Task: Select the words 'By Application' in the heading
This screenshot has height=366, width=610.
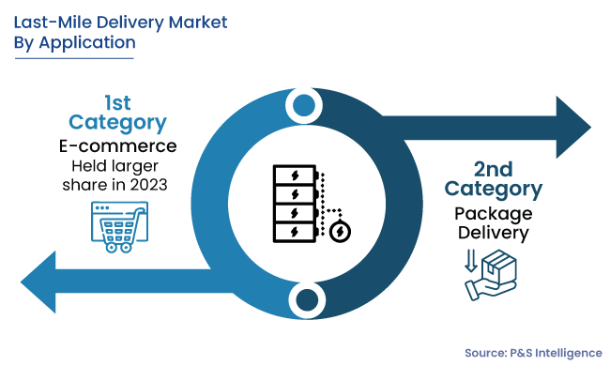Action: [x=74, y=42]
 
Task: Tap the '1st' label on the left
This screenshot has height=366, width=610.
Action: [x=117, y=100]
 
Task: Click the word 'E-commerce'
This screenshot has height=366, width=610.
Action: [x=118, y=145]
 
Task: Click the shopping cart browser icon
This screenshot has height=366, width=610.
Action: [x=117, y=226]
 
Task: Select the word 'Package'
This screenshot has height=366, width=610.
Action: [x=494, y=213]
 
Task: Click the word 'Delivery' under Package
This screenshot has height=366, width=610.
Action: [x=494, y=234]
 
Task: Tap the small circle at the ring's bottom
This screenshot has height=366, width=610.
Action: [x=304, y=300]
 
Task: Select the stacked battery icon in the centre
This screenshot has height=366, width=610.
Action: [x=292, y=202]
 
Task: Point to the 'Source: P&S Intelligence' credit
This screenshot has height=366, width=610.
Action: [x=532, y=352]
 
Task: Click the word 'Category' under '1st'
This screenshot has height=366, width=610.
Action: [x=118, y=122]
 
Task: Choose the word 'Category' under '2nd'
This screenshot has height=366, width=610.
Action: [x=494, y=189]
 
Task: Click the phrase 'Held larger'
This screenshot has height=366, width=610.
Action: [x=118, y=165]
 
